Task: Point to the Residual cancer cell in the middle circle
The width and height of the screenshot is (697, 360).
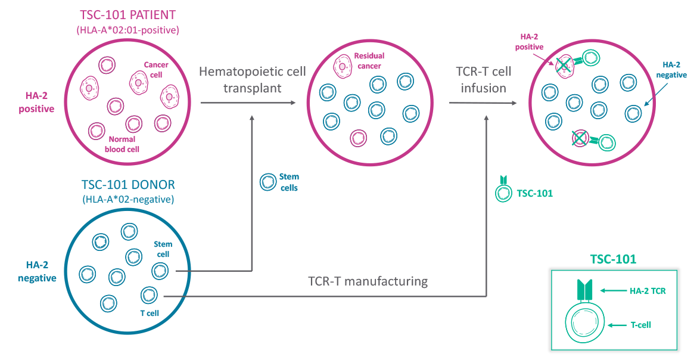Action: pos(344,66)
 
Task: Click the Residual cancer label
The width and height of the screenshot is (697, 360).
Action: pos(369,60)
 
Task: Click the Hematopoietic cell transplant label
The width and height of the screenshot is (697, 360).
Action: pos(253,80)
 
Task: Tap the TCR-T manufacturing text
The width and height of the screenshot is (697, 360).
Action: pos(368,281)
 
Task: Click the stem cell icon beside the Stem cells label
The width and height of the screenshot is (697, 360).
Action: pos(267,182)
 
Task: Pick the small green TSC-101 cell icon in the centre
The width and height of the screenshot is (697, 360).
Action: pos(504,192)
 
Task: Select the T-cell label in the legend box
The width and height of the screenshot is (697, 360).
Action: pos(642,325)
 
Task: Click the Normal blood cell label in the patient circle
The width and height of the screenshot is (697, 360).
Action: pos(122,145)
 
